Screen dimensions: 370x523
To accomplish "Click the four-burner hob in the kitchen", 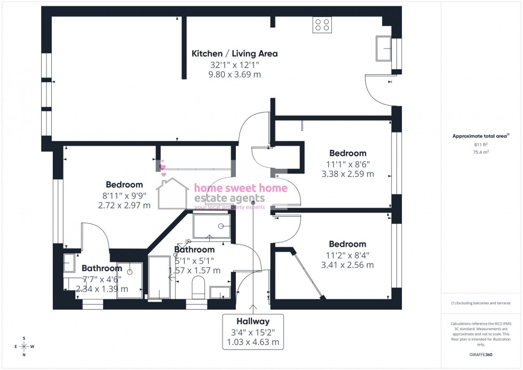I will (x=322, y=25).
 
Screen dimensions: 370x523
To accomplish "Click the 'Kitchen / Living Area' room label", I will (x=234, y=53).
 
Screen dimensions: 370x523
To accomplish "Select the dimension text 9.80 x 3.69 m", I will (x=234, y=75).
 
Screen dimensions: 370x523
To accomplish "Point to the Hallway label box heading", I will (x=253, y=321).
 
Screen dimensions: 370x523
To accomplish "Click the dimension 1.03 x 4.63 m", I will (x=253, y=342).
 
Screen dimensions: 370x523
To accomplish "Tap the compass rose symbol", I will (x=24, y=347).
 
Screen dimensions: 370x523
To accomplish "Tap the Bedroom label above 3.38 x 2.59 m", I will (x=347, y=153).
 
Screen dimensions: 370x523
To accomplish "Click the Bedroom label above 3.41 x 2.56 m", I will (x=347, y=244).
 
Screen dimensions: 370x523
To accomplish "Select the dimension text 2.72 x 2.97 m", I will (x=124, y=205).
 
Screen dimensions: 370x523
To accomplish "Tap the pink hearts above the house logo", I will (x=163, y=170).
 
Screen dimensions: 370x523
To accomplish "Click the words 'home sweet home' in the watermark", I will (x=240, y=188).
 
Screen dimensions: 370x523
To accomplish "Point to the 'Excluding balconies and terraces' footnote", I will (x=480, y=303).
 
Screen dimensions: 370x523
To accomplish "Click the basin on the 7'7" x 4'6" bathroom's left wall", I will (x=69, y=263).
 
